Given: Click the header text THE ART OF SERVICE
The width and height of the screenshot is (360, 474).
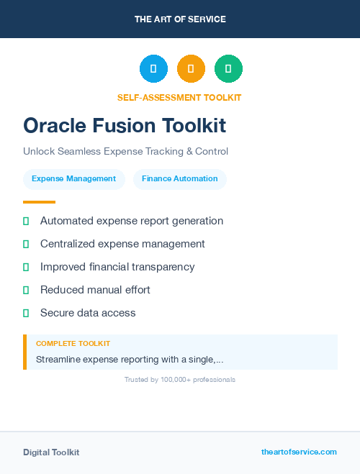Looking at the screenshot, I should click(180, 19).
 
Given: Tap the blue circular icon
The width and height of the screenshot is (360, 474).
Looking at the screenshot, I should click(153, 68).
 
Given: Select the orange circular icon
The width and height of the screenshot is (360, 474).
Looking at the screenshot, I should click(191, 68).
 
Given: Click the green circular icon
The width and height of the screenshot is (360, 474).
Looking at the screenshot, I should click(228, 68).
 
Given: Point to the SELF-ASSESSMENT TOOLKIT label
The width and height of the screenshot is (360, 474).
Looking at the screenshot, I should click(179, 97).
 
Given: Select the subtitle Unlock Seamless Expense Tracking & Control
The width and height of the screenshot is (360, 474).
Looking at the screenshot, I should click(125, 152).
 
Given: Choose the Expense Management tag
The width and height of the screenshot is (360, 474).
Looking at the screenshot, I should click(73, 179).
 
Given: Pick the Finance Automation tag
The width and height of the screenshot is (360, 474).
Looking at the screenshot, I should click(179, 179).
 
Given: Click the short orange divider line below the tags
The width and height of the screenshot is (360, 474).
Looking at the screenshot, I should click(39, 202).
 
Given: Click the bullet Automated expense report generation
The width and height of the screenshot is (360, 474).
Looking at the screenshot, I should click(132, 221).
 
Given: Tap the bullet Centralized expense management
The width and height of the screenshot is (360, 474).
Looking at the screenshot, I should click(122, 244).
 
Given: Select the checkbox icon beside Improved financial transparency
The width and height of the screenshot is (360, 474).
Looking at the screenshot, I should click(26, 268).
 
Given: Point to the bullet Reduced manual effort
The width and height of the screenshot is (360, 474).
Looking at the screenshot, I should click(95, 290).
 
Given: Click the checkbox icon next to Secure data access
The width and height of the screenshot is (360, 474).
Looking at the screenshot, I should click(26, 314).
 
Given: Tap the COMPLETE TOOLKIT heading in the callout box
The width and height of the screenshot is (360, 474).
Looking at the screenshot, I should click(73, 344).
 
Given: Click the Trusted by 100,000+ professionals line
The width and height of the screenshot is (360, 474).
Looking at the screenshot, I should click(179, 379).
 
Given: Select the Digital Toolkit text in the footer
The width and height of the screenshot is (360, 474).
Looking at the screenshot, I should click(51, 452).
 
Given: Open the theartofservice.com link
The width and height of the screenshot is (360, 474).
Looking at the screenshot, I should click(299, 452).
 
